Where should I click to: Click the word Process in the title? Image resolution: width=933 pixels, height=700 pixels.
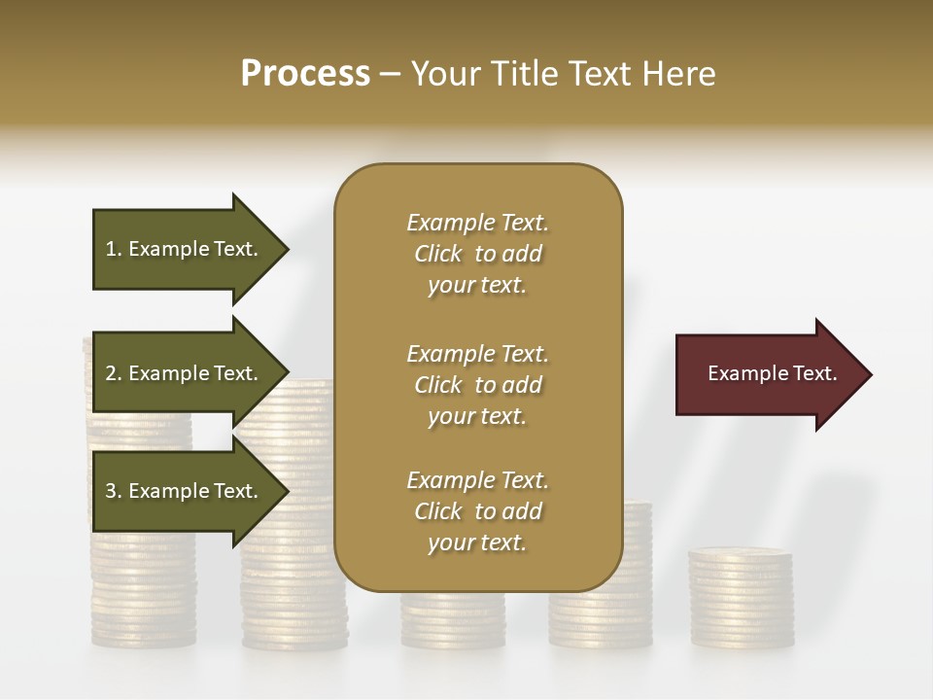point(305,74)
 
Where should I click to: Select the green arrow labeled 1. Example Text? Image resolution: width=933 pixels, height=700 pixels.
point(185,249)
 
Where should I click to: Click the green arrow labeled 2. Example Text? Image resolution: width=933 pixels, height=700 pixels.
point(185,373)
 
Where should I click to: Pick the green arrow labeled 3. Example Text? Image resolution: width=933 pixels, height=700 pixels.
point(185,491)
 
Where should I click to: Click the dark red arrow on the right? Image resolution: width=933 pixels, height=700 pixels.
point(768,374)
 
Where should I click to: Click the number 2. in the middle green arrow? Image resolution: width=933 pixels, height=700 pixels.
point(114,373)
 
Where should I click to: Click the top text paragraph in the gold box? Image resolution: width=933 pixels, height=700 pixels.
point(477,254)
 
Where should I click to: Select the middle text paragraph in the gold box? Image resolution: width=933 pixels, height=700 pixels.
point(477,385)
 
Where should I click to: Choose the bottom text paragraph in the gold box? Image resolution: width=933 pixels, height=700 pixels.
point(477,511)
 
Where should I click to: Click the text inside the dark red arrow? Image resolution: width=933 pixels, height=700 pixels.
point(772,373)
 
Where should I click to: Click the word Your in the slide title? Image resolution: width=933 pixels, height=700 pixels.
point(445,74)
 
